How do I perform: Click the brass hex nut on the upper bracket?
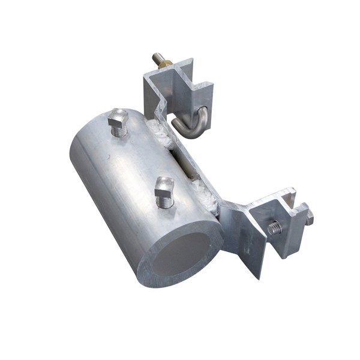[x=166, y=63]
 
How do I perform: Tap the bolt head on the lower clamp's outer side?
[x=310, y=218]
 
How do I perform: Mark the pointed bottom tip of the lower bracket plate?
[x=259, y=276]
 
